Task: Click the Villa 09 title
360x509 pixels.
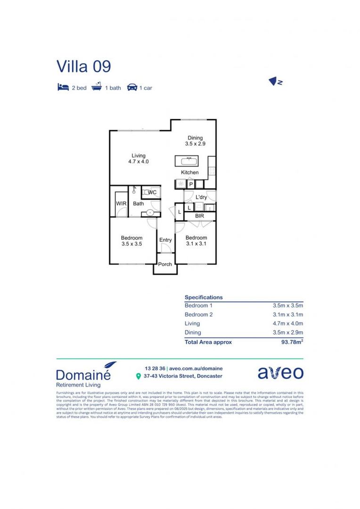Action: tap(84, 66)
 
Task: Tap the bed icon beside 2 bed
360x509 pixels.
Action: tap(63, 87)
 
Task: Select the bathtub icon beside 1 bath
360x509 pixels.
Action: tap(97, 87)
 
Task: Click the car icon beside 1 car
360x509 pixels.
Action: tap(132, 87)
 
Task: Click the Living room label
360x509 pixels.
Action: tap(139, 158)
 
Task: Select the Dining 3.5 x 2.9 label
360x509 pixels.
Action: tap(195, 140)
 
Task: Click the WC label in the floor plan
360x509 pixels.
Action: tap(152, 192)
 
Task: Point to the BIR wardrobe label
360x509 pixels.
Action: tap(199, 216)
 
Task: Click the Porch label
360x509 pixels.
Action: tap(165, 264)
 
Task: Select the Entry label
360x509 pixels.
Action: tap(165, 240)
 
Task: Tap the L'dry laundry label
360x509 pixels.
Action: tap(201, 197)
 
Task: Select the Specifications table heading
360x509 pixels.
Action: tap(204, 297)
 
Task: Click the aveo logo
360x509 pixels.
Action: tap(280, 373)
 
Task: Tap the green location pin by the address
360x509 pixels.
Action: tap(138, 376)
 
